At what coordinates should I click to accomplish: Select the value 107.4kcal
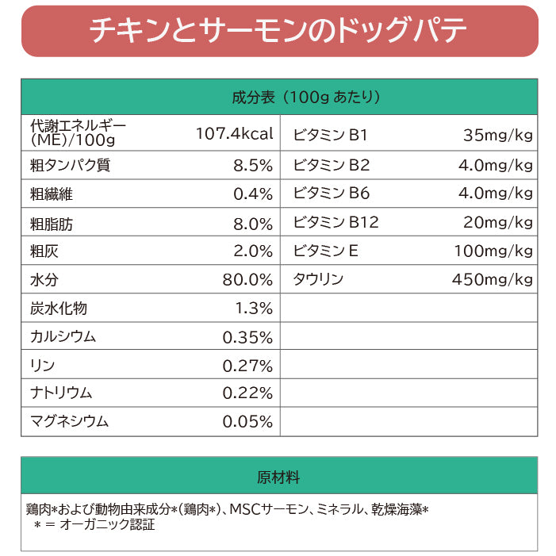pos(234,134)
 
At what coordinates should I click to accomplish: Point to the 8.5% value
pos(253,166)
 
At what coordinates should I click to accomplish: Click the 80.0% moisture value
pos(247,279)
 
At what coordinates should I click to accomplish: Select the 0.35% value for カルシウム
pos(247,336)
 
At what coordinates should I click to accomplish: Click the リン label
pos(42,365)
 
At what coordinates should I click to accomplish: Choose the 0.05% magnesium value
pos(247,422)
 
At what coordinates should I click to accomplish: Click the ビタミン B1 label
pos(330,135)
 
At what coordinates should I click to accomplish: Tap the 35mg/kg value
pos(497,135)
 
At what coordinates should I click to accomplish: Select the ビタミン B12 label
pos(336,222)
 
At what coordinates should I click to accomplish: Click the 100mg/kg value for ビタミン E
pos(493,251)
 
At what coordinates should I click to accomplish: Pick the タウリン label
pos(318,279)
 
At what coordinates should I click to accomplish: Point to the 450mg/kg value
pos(493,279)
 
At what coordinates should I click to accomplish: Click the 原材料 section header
pos(278,478)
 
